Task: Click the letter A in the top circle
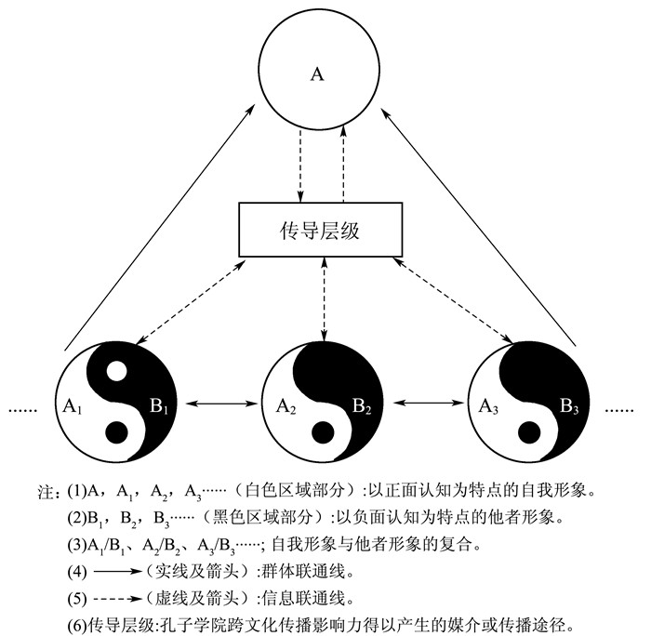tap(317, 73)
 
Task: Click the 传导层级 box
tap(320, 229)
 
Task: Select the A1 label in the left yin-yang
tap(74, 405)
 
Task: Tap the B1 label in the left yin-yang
tap(157, 405)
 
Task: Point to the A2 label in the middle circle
tap(286, 405)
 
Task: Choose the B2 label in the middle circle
tap(362, 405)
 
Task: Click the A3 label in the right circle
tap(488, 405)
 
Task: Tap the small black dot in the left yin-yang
tap(115, 433)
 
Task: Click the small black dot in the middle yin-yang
tap(325, 431)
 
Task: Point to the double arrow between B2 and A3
tap(427, 404)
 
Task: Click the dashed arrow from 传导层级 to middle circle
tap(324, 298)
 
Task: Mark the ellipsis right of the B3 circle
tap(621, 408)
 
